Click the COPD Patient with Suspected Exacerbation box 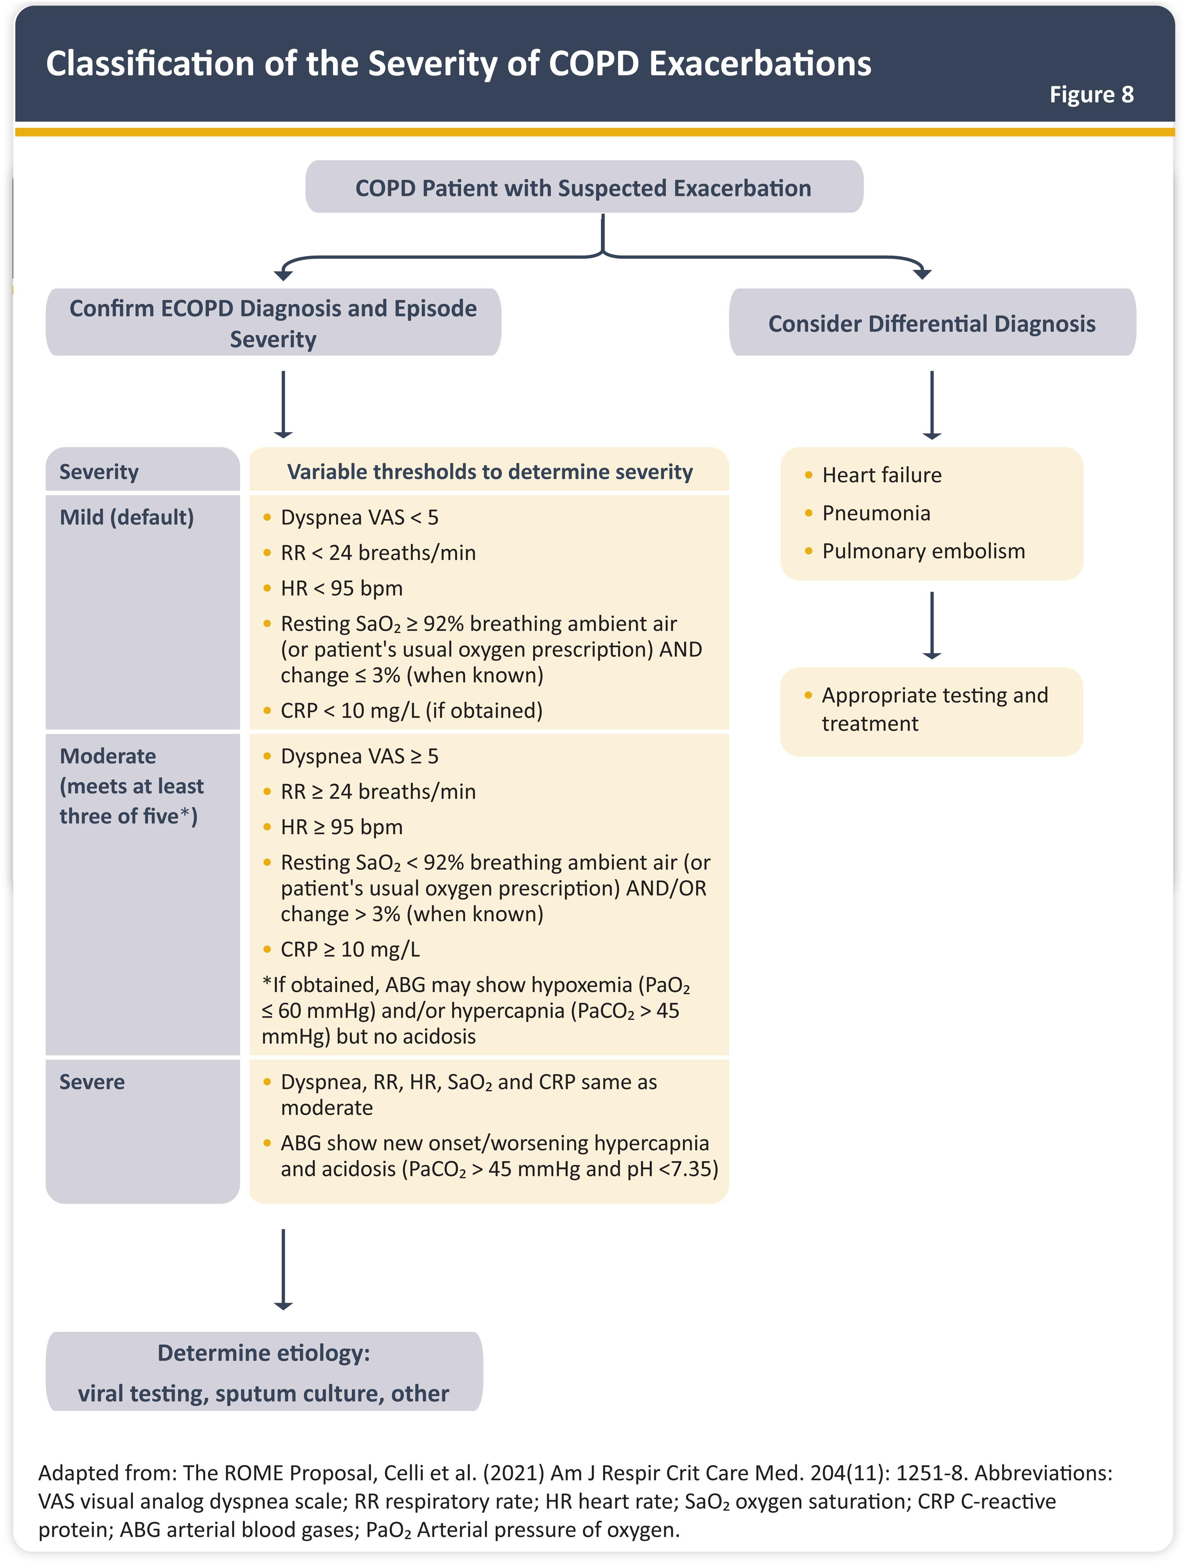coord(584,188)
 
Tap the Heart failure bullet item coord(881,475)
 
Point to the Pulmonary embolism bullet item coord(923,551)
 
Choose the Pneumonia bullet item coord(875,513)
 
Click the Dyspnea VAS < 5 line coord(359,517)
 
